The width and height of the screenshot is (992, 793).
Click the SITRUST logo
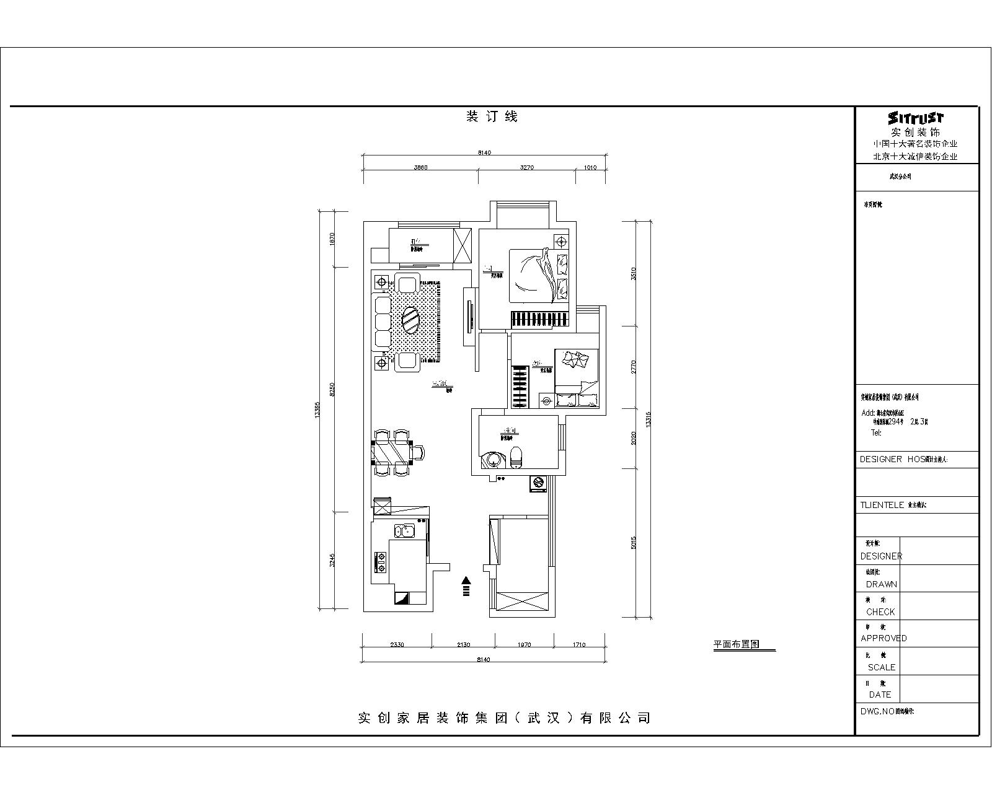click(916, 118)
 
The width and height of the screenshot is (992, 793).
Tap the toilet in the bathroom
click(517, 457)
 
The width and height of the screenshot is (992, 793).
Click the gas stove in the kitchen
click(380, 563)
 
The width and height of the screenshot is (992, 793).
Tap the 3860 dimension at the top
click(420, 167)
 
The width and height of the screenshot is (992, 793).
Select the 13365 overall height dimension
click(317, 410)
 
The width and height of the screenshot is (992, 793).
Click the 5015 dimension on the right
click(633, 543)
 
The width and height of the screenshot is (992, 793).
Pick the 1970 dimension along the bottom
click(524, 645)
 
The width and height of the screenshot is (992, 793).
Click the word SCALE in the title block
click(881, 667)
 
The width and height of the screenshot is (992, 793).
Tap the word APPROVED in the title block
click(883, 638)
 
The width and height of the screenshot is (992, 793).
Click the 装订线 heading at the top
click(491, 116)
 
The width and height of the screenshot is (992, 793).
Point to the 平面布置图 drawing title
click(736, 644)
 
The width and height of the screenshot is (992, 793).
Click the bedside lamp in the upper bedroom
click(561, 241)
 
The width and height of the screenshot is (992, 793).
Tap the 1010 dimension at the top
click(590, 167)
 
